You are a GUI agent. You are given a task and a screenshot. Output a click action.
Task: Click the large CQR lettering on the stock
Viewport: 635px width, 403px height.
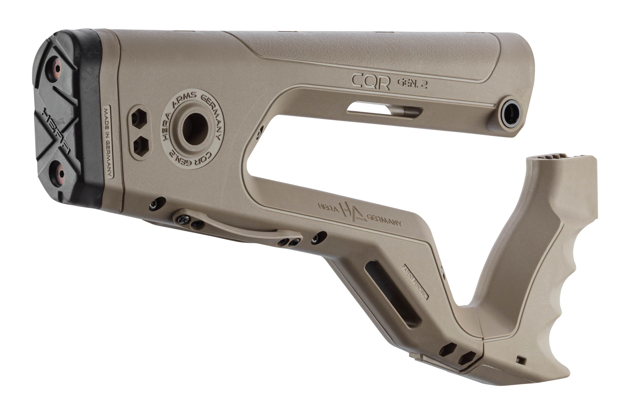[x=370, y=82]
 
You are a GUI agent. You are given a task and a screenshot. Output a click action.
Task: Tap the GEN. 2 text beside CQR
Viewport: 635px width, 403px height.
[x=412, y=84]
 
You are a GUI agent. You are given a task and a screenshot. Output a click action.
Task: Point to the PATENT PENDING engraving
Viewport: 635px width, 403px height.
[x=415, y=282]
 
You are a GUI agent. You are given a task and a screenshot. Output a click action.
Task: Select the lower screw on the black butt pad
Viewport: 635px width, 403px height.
[x=58, y=174]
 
